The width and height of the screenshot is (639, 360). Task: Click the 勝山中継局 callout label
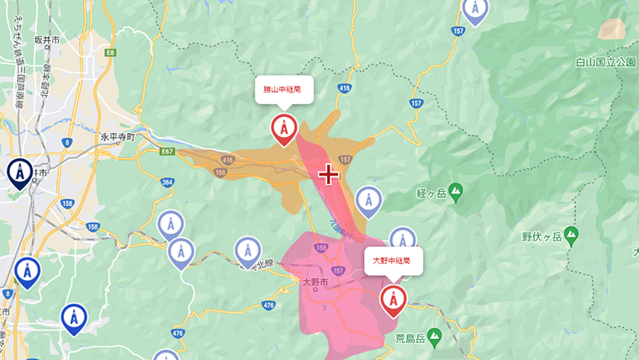(283, 87)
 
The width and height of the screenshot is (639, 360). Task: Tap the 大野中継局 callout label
(392, 261)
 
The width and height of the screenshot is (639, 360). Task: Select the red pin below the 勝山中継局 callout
(283, 129)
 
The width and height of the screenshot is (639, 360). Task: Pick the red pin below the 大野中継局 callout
(393, 299)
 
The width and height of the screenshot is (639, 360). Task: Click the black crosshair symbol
(328, 175)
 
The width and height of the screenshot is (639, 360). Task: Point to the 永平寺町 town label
(124, 136)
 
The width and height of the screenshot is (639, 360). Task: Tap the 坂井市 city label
(45, 40)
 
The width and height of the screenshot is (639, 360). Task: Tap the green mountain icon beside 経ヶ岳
(456, 193)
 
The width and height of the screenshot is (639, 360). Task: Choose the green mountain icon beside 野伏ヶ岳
(572, 233)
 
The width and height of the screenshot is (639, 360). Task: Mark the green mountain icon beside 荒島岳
(434, 337)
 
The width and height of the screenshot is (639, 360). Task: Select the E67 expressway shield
(168, 151)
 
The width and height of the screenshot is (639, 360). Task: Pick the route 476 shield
(269, 305)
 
